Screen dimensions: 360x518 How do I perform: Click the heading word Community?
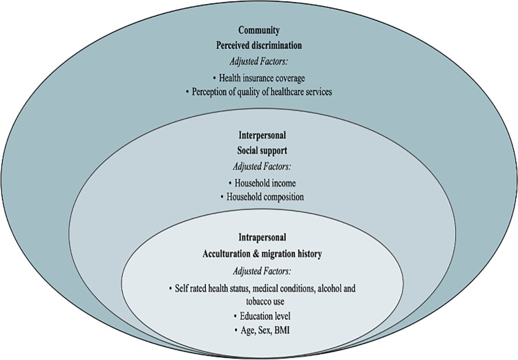click(x=259, y=30)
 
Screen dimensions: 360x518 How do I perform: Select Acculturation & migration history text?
click(x=259, y=254)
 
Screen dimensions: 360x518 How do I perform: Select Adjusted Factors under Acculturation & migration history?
click(x=259, y=270)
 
